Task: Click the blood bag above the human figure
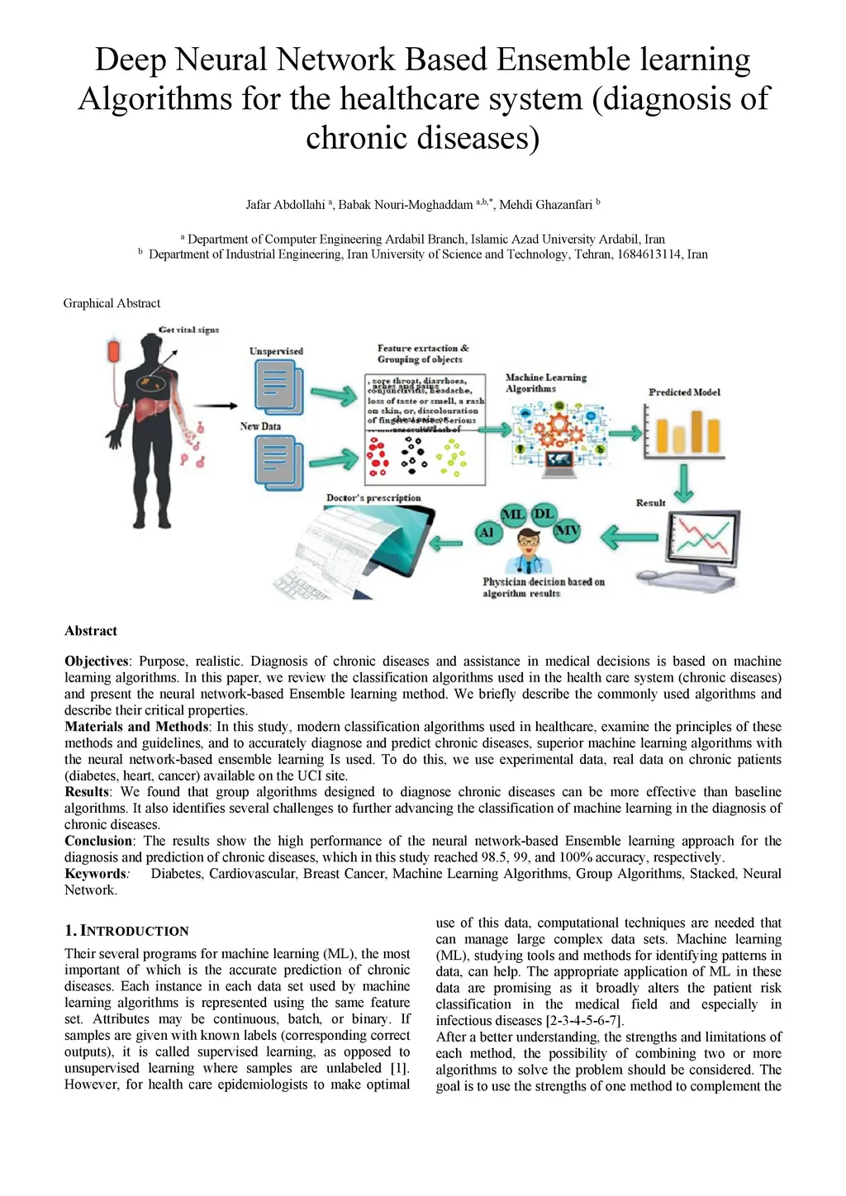tap(114, 351)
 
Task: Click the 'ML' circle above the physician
tap(513, 515)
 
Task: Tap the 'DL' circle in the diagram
tap(544, 514)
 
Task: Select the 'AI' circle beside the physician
tap(487, 533)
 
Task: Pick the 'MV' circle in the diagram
tap(567, 530)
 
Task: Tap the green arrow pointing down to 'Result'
tap(682, 483)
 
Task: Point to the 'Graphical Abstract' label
tap(112, 303)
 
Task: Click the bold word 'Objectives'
tap(96, 661)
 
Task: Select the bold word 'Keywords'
tap(95, 873)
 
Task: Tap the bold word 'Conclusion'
tap(98, 841)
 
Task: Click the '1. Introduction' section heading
tap(126, 931)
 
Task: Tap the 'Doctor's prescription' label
tap(373, 498)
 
